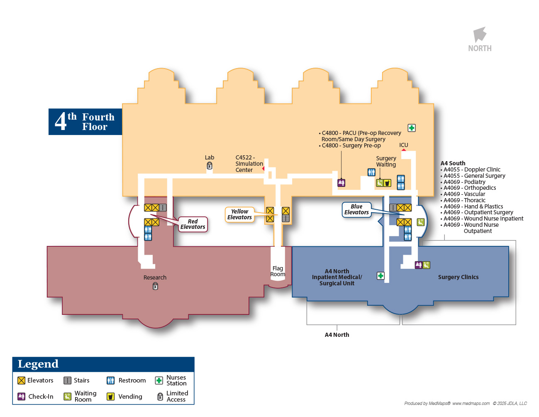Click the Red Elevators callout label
(193, 224)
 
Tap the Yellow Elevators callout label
(239, 214)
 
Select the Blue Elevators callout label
(356, 209)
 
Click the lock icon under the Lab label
(210, 166)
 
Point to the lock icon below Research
(155, 286)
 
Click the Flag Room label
(278, 271)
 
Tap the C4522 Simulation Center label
(249, 164)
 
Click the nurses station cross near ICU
(412, 128)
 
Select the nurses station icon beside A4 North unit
(380, 276)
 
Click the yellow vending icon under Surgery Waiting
(387, 183)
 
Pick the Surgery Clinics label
(458, 277)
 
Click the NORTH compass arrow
(480, 35)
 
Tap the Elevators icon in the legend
(22, 380)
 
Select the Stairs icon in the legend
(67, 380)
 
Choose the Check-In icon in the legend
(22, 397)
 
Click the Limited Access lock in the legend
(160, 397)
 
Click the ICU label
(404, 145)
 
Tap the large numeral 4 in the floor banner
(61, 122)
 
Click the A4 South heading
(453, 163)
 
